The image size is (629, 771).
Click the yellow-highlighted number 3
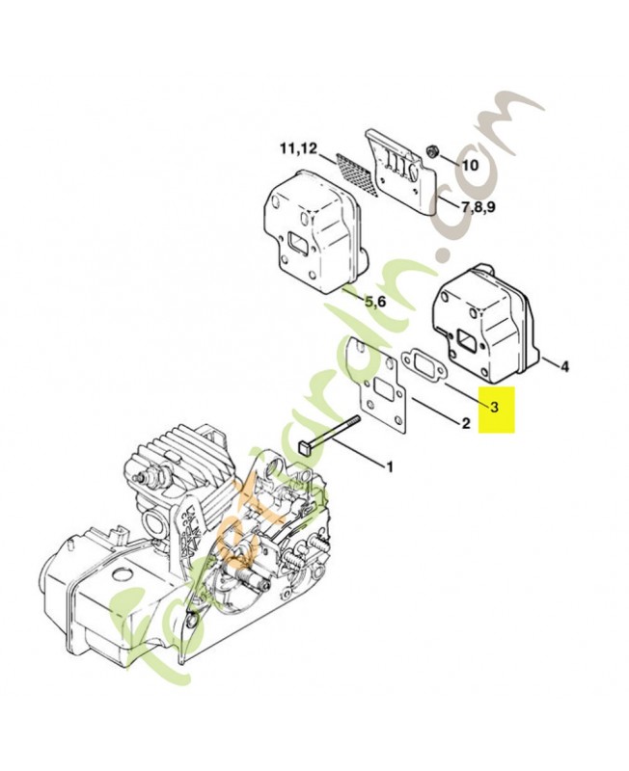(494, 408)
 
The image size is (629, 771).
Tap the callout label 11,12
(298, 148)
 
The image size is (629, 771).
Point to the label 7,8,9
(479, 207)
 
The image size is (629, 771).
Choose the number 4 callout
(564, 366)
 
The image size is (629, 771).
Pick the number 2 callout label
(465, 423)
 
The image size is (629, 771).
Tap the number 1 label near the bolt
(390, 468)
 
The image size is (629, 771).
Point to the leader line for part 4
(546, 361)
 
